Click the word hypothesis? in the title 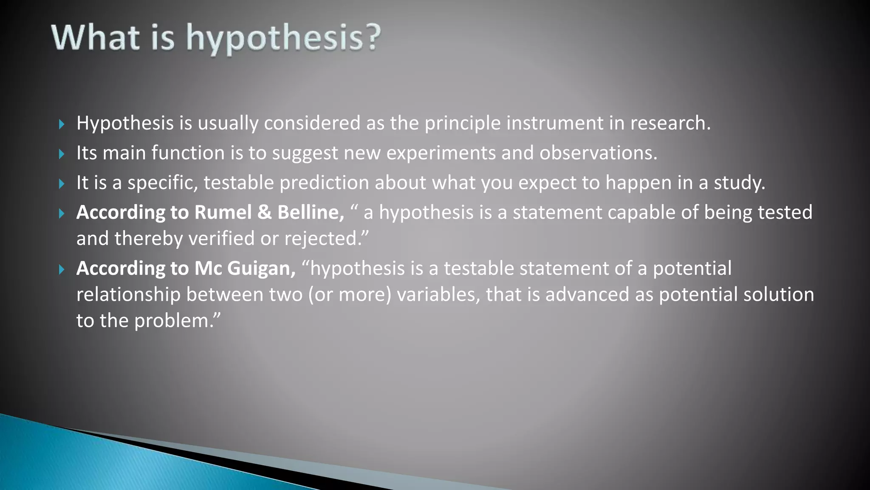(283, 38)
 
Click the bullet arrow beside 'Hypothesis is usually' (62, 124)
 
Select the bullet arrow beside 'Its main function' (62, 154)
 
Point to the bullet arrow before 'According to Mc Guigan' (62, 269)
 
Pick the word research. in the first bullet (670, 123)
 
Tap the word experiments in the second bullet (441, 153)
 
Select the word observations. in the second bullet (598, 153)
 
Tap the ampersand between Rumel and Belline (264, 212)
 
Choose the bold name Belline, (311, 212)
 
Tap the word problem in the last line (172, 321)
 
